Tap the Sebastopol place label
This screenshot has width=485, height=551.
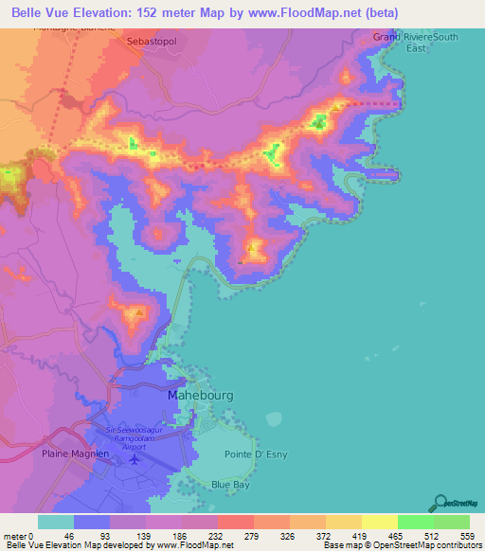[x=152, y=44]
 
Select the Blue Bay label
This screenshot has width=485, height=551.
[x=230, y=485]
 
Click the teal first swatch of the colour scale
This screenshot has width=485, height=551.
[x=56, y=521]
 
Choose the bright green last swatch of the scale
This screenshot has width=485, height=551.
[x=452, y=521]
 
